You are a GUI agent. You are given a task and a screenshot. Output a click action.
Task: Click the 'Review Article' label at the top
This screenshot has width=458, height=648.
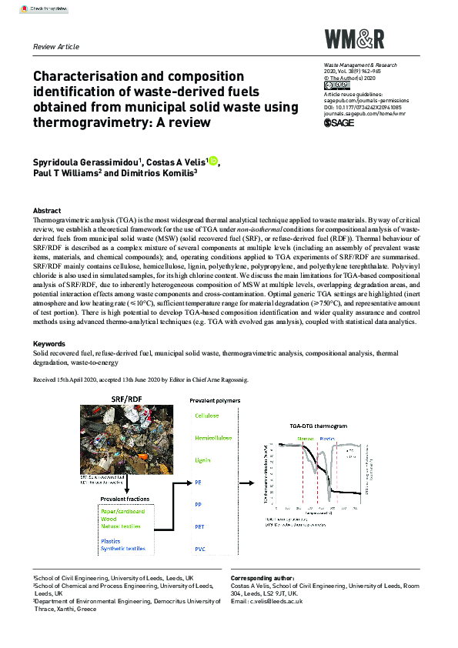pyautogui.click(x=56, y=46)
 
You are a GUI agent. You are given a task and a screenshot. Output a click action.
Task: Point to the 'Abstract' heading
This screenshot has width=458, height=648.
pyautogui.click(x=47, y=210)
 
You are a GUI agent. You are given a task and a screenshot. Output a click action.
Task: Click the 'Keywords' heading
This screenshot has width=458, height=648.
pyautogui.click(x=49, y=343)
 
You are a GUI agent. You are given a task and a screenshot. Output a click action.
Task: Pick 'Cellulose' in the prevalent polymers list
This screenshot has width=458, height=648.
pyautogui.click(x=206, y=416)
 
